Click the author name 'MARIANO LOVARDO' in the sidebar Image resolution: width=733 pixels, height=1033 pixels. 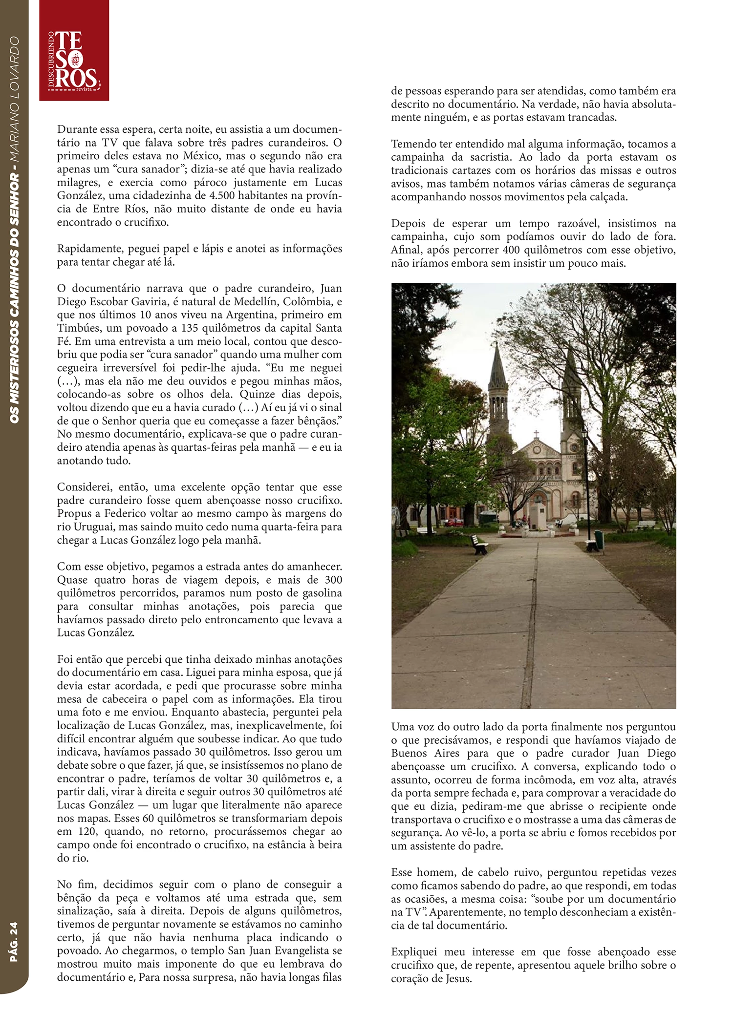[x=14, y=100]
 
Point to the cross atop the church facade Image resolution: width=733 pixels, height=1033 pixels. [x=536, y=434]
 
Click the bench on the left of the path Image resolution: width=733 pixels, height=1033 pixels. [x=479, y=543]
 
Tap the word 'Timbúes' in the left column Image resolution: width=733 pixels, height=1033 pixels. [x=77, y=328]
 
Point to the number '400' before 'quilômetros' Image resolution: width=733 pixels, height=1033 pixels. [x=512, y=250]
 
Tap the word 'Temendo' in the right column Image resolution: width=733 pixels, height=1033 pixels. [x=412, y=144]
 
